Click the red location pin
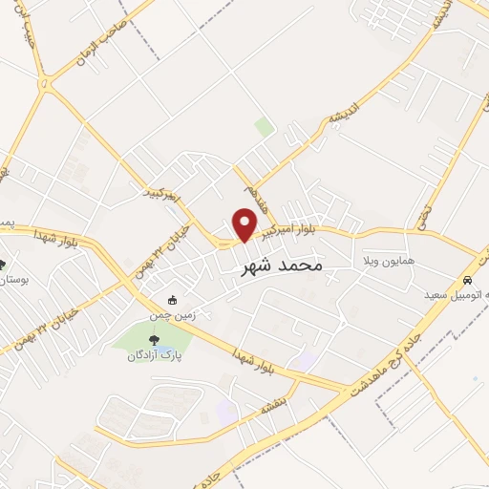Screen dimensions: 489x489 [x=245, y=223]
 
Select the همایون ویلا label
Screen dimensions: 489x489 [x=387, y=260]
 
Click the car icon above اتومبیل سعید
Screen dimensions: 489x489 [x=467, y=281]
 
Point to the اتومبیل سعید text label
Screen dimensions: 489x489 [x=457, y=295]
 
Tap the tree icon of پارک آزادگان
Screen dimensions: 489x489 [x=155, y=338]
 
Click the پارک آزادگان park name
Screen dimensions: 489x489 [x=155, y=355]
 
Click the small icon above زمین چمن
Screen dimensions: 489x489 [x=171, y=299]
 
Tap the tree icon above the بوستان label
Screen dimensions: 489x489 [x=2, y=265]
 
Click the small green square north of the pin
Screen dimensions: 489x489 [x=265, y=127]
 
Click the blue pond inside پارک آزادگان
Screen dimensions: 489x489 [x=163, y=342]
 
